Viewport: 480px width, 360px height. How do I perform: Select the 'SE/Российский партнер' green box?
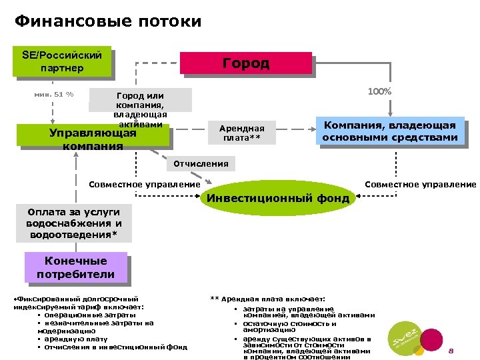point(62,61)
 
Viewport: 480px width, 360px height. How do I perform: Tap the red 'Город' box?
point(246,63)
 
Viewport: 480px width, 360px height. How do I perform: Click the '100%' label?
point(379,91)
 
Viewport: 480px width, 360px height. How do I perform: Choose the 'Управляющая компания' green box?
point(93,137)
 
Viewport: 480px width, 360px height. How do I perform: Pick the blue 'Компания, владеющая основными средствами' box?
point(390,131)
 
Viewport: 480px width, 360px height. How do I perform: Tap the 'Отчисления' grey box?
point(201,163)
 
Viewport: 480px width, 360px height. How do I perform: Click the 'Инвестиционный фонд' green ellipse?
point(279,198)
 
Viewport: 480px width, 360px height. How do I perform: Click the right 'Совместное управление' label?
point(420,184)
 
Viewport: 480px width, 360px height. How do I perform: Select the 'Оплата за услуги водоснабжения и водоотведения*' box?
point(75,223)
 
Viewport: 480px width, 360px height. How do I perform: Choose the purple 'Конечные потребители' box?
point(75,267)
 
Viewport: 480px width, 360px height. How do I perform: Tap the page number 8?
point(451,351)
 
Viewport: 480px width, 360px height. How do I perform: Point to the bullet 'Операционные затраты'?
point(90,315)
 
